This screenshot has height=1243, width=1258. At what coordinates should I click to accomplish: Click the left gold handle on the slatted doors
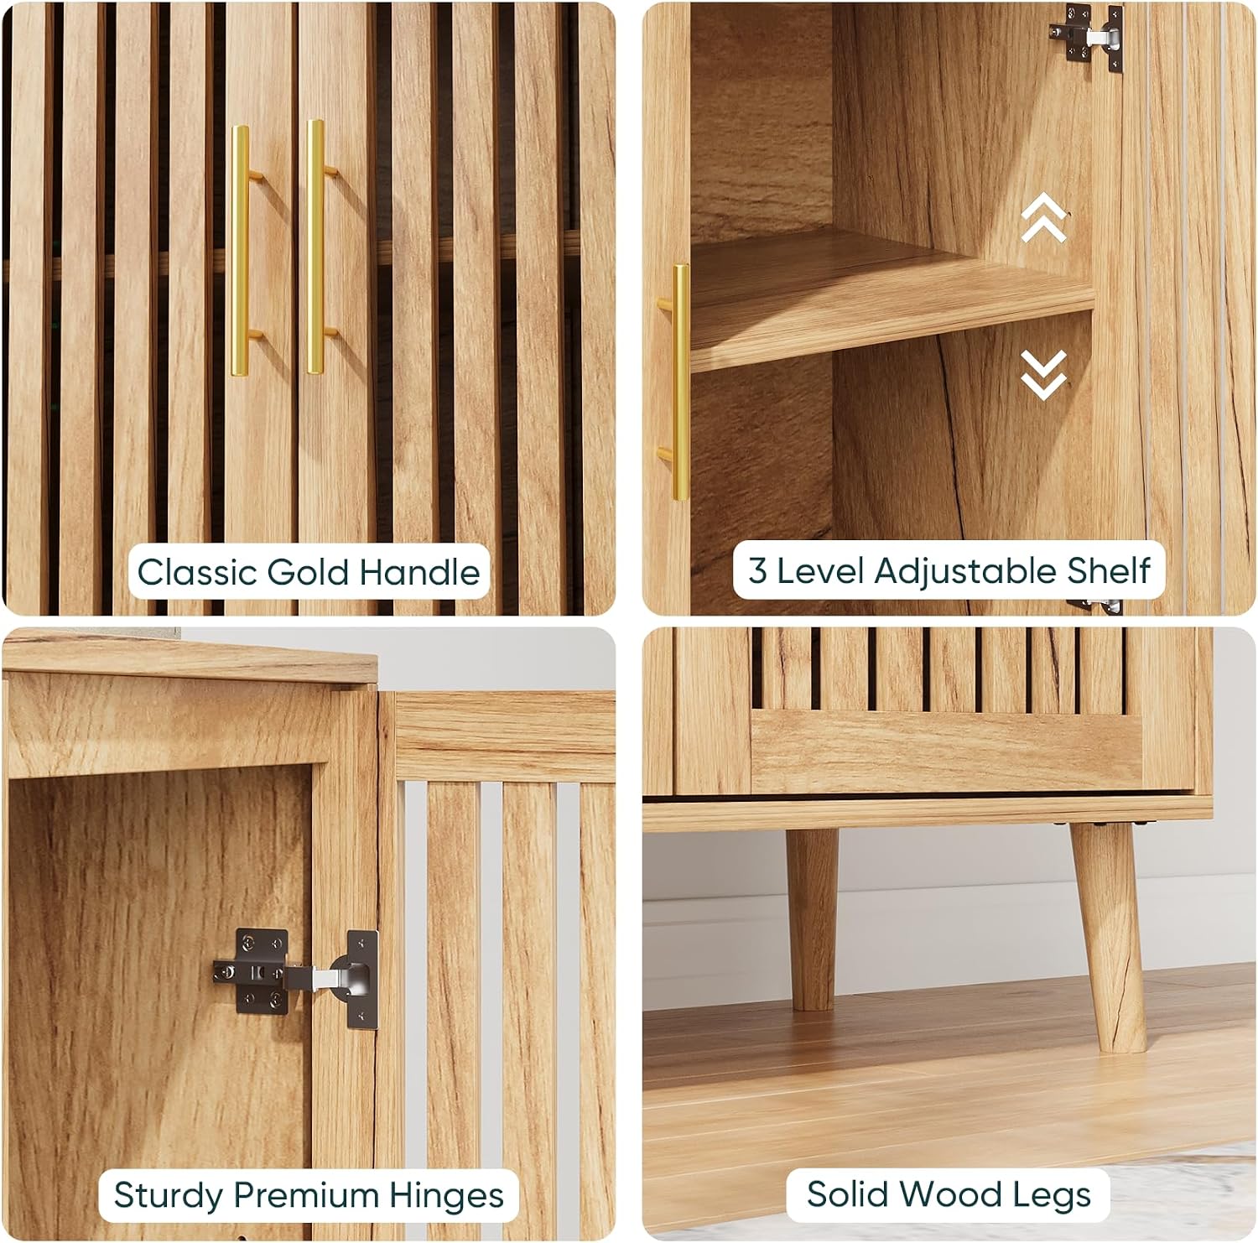click(241, 251)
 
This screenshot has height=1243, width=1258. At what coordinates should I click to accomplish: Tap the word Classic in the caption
click(197, 572)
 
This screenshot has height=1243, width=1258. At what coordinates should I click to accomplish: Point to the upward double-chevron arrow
click(1044, 217)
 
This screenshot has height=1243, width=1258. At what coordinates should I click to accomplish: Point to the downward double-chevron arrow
click(1044, 374)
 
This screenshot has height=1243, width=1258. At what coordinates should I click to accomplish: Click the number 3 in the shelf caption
click(757, 571)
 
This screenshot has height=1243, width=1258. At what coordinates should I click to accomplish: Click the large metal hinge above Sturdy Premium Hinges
click(296, 975)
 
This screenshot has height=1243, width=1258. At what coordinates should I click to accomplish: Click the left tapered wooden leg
click(812, 919)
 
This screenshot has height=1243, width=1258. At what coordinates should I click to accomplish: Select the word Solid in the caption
click(844, 1194)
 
